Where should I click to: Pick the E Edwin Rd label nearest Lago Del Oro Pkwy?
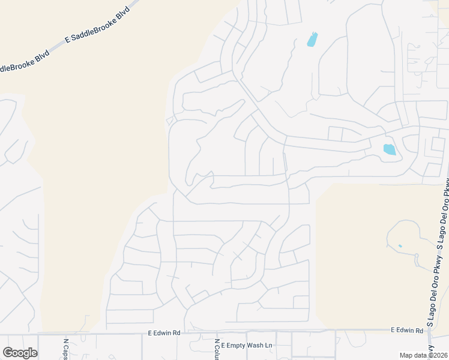tap(407, 330)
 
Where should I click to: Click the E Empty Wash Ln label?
tap(246, 346)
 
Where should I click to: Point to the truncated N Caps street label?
tap(66, 349)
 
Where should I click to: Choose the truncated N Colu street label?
tap(216, 349)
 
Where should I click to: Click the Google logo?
tap(20, 353)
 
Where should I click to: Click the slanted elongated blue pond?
tap(312, 40)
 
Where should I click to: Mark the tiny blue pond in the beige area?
tap(400, 246)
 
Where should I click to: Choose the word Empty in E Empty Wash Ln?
tap(236, 346)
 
